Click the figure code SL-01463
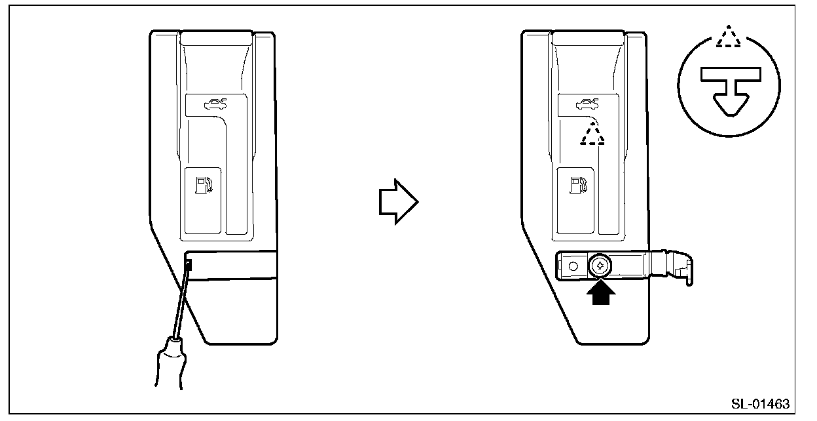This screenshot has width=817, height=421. point(761,403)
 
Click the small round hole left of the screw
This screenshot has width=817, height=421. point(573,267)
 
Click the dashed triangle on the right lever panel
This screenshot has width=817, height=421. point(592,135)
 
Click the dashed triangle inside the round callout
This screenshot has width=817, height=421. point(729,38)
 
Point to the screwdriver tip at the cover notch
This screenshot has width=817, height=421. point(189,266)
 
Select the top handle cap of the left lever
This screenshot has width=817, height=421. point(216,37)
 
